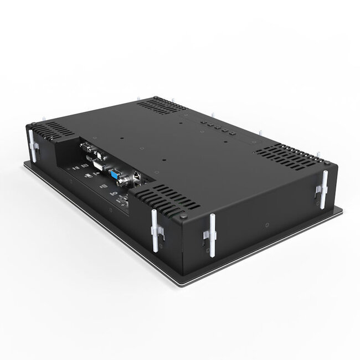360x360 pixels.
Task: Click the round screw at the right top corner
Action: [x=327, y=164]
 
